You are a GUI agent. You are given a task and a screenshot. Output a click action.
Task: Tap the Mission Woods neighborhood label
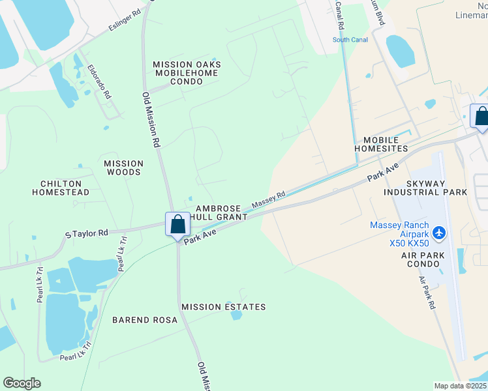[123, 167]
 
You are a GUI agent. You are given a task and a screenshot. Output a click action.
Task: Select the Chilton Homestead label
[61, 188]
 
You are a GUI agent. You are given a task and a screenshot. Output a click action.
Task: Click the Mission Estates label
[224, 307]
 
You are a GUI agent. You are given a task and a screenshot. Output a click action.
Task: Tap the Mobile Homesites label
[385, 144]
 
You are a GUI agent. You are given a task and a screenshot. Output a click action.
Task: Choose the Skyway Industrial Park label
[425, 188]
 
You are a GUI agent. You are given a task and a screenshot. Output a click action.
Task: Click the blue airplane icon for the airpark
[438, 232]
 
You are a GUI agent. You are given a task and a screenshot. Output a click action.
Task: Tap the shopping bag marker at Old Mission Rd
[177, 225]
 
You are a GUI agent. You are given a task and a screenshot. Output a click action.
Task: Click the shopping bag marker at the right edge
[481, 117]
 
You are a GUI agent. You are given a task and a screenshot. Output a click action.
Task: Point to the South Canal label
[350, 40]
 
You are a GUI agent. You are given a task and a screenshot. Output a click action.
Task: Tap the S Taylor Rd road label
[86, 232]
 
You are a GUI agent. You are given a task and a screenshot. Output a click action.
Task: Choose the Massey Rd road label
[269, 199]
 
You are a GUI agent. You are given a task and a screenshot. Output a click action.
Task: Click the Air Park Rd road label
[427, 292]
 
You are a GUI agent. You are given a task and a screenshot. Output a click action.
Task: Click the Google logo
[22, 383]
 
